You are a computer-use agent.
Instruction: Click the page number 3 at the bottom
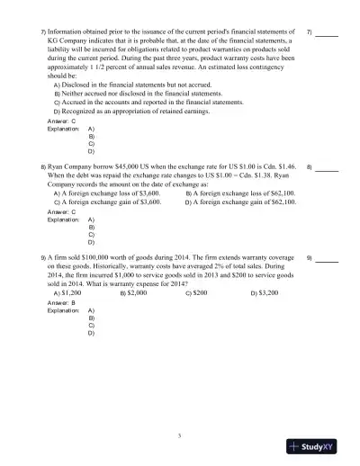180,435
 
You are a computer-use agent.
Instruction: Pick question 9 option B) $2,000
133,293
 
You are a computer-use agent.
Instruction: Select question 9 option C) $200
196,293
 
